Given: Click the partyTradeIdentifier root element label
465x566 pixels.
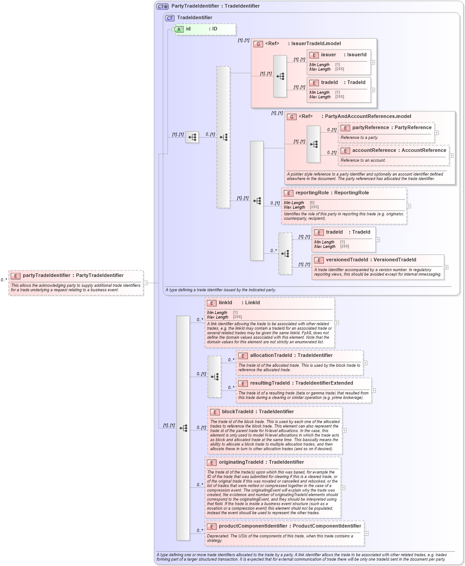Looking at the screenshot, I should pyautogui.click(x=73, y=275).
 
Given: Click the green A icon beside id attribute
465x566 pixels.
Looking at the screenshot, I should pyautogui.click(x=179, y=29).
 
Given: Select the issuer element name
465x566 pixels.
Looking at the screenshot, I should pyautogui.click(x=328, y=55).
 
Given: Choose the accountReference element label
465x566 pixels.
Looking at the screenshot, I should pyautogui.click(x=399, y=150).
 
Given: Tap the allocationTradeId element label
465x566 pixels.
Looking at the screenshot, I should pyautogui.click(x=291, y=355).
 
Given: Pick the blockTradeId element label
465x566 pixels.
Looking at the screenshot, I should pyautogui.click(x=258, y=411).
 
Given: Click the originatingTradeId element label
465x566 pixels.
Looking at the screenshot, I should pyautogui.click(x=261, y=462).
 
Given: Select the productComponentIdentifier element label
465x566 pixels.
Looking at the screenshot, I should pyautogui.click(x=290, y=526).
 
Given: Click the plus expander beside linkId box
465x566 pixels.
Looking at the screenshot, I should pyautogui.click(x=337, y=323).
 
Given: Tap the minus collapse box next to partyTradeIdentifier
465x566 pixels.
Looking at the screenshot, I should pyautogui.click(x=145, y=282).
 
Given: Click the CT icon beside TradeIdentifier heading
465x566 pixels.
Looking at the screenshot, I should pyautogui.click(x=170, y=18).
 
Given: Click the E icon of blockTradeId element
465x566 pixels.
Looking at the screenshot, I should pyautogui.click(x=215, y=412).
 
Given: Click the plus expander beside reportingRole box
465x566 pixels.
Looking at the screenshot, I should pyautogui.click(x=409, y=206).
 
